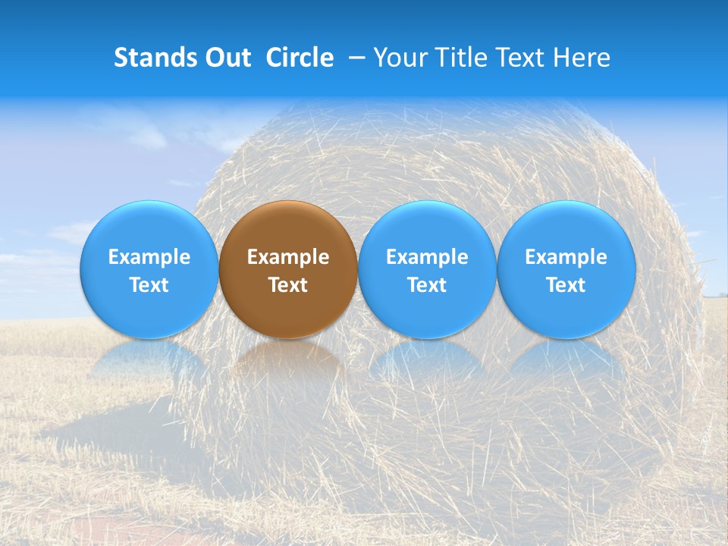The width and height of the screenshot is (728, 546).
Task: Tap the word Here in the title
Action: tap(582, 58)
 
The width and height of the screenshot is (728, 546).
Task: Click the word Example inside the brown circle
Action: tap(288, 257)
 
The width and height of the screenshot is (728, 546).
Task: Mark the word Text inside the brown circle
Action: tap(288, 285)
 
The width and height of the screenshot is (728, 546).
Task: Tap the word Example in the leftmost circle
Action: tap(149, 257)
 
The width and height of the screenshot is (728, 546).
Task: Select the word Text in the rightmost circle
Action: tap(566, 285)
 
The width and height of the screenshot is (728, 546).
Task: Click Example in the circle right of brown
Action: tap(427, 257)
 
